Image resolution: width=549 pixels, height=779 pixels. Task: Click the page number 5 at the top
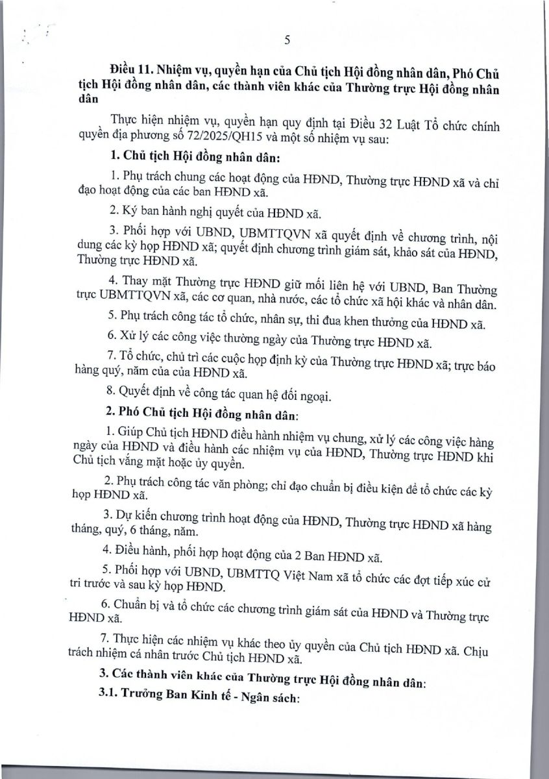286,40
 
